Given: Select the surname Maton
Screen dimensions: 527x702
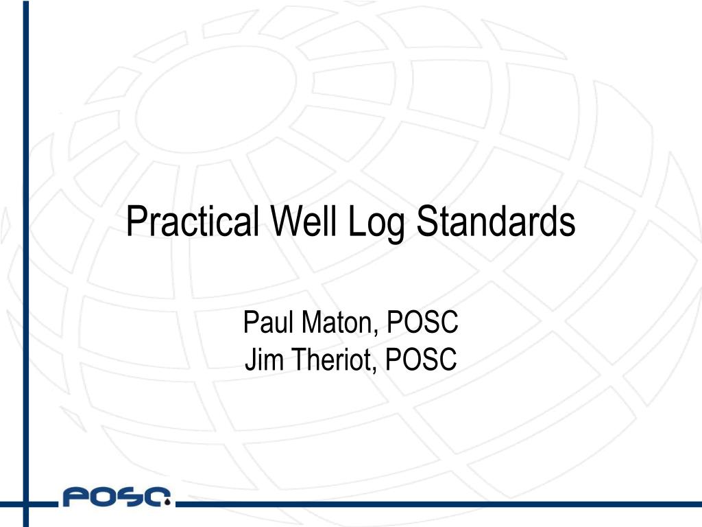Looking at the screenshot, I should point(335,323).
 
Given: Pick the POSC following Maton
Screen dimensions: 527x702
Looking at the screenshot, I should point(424,323).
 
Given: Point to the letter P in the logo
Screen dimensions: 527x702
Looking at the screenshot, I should point(74,497).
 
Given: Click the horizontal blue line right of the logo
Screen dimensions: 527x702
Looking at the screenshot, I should point(439,504).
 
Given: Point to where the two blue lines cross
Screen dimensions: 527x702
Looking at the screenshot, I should point(26,504).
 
